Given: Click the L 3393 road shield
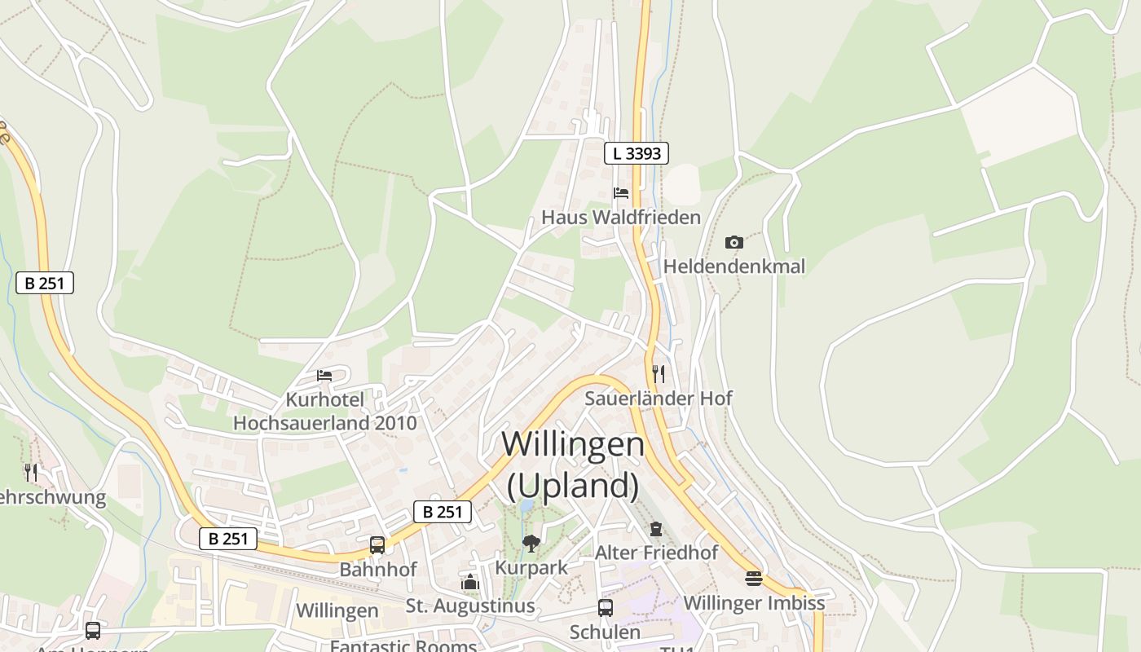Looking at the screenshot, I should [x=637, y=152].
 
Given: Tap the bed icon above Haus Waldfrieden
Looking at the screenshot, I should [x=621, y=193].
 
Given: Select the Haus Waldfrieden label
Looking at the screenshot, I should [x=621, y=218].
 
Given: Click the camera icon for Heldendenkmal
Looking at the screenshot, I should [x=733, y=242].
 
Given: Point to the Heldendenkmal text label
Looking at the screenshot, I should [x=733, y=267].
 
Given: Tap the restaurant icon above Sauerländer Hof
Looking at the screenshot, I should [x=659, y=374].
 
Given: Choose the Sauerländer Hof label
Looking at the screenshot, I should [x=659, y=399].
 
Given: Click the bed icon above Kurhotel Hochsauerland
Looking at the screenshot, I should [x=324, y=376].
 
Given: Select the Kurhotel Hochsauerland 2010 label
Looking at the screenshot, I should [x=324, y=412].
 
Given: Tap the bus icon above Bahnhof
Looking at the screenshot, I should [x=377, y=545].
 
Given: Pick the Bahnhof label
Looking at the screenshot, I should [x=378, y=570].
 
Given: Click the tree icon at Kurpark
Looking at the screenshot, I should [x=531, y=543].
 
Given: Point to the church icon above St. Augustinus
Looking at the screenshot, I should [x=470, y=582].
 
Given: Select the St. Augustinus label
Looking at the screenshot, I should [x=470, y=606].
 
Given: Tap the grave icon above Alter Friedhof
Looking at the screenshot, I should [x=656, y=529].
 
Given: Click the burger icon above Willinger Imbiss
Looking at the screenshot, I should [x=754, y=579].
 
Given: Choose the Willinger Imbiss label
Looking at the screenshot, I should [x=754, y=603].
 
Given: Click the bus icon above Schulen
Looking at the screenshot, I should [x=606, y=608].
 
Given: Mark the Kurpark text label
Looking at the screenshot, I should [x=531, y=567].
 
